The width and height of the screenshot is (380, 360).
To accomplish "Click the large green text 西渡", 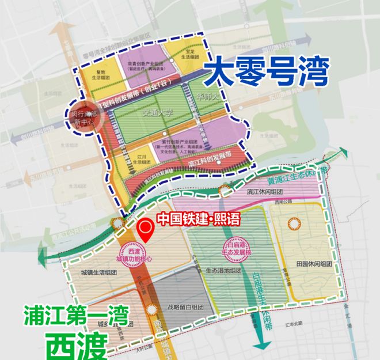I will (78, 344).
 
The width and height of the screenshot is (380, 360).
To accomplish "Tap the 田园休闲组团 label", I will (313, 263).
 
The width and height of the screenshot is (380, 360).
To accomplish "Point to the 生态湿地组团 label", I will (223, 270).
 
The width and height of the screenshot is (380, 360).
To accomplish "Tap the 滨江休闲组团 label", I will (265, 191).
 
